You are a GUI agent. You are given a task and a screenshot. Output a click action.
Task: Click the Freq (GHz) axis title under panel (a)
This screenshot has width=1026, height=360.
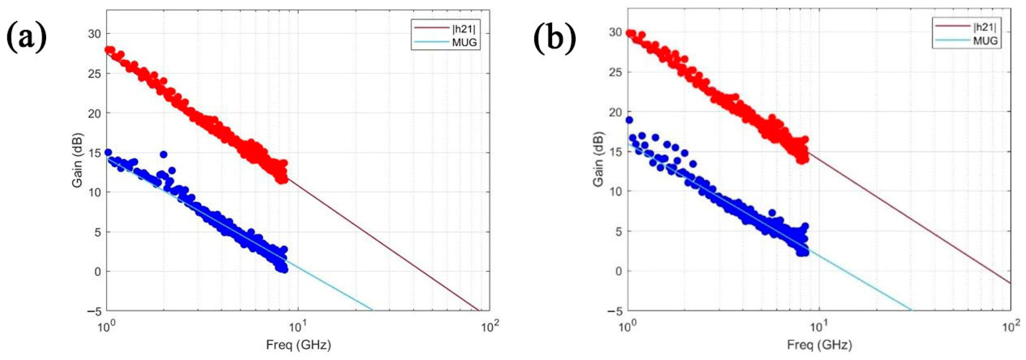pyautogui.click(x=298, y=345)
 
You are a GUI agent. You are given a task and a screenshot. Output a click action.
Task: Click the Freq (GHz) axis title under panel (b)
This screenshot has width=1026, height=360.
pyautogui.click(x=819, y=345)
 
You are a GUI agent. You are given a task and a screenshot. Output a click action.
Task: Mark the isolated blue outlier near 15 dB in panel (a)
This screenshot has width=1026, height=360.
pyautogui.click(x=163, y=155)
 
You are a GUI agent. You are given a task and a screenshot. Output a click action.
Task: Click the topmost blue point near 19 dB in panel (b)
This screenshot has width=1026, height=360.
pyautogui.click(x=629, y=120)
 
